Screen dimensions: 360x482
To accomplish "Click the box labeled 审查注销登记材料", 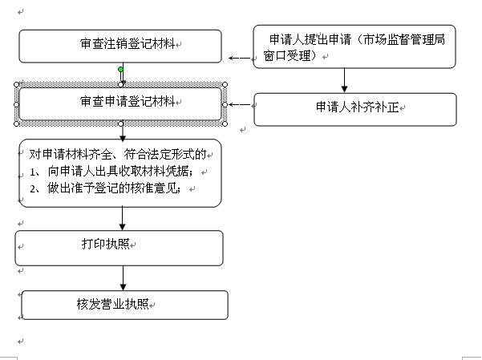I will [120, 47].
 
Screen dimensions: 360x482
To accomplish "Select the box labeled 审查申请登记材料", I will [120, 103].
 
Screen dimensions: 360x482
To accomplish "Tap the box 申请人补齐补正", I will [354, 110].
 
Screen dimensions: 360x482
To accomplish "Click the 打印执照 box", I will [119, 248].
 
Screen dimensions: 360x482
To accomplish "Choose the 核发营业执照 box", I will [124, 305].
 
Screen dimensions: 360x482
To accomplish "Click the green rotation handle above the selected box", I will [121, 70].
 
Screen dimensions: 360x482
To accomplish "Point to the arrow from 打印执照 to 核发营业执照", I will [123, 277].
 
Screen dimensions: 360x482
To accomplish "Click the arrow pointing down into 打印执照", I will [123, 219].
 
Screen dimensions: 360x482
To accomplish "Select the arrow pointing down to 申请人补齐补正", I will [344, 81].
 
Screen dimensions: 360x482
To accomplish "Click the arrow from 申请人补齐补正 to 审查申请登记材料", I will [239, 104].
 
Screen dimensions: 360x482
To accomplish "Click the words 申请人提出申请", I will [308, 38].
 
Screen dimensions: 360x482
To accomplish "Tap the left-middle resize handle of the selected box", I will [17, 103].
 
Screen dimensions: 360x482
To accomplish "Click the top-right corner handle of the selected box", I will [225, 84].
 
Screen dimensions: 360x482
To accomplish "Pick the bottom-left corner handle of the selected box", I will [17, 123].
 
